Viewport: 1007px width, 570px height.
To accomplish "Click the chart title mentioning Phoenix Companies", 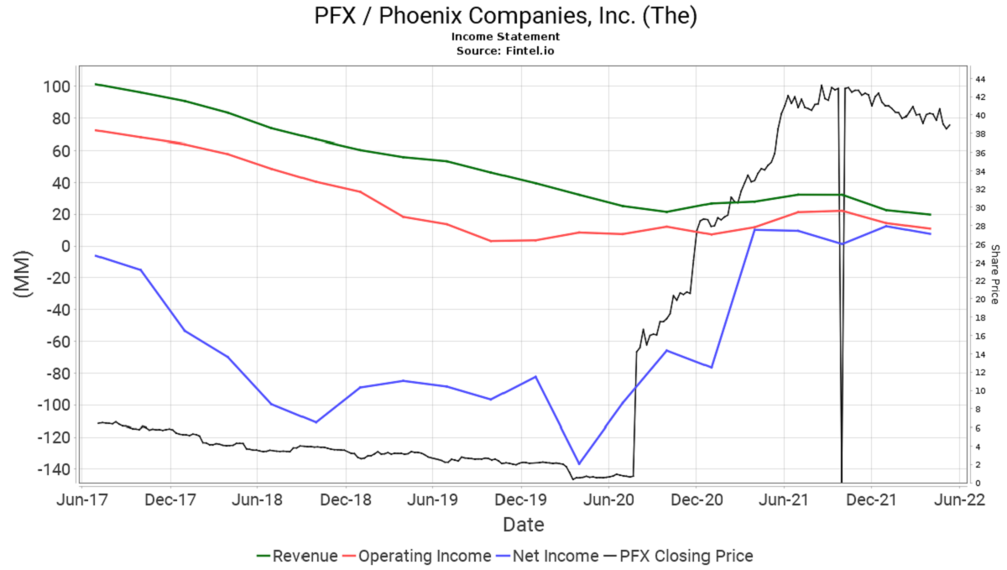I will tap(505, 16).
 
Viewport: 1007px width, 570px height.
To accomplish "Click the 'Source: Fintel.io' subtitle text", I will tap(505, 50).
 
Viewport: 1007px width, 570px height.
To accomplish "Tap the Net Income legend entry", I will tap(556, 556).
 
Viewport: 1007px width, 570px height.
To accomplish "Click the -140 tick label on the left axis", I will tap(53, 469).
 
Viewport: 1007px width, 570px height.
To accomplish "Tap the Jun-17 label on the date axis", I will tap(83, 499).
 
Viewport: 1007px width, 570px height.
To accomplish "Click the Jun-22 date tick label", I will tap(958, 499).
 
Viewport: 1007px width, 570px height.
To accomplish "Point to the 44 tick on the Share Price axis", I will tap(979, 80).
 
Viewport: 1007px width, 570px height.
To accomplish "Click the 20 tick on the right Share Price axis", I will tap(979, 300).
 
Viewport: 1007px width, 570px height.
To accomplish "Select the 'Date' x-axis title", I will tap(524, 526).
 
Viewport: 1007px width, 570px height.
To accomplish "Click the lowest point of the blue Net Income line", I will tap(579, 463).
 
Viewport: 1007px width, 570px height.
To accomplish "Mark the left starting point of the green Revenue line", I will tap(97, 84).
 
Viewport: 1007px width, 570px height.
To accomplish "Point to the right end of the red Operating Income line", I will tap(931, 229).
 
